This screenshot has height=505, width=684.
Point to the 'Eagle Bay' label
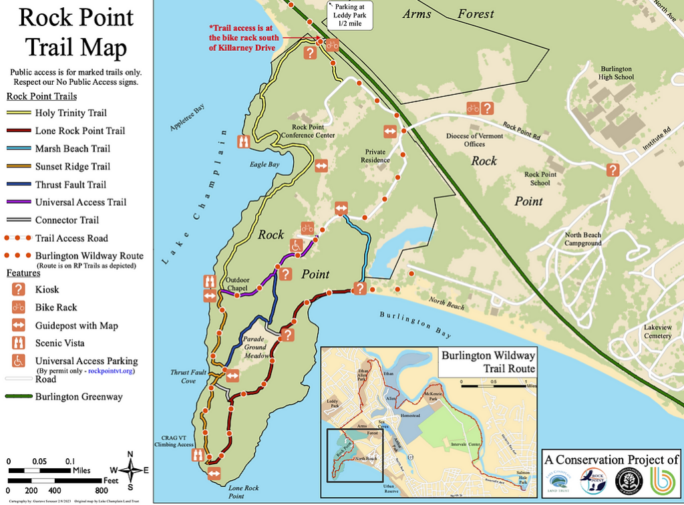pos(263,164)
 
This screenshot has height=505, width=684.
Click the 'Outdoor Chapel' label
pos(237,284)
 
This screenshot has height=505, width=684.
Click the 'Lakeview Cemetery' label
pos(657,332)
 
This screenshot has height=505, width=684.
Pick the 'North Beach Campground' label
pos(583,239)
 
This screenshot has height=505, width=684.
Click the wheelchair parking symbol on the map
pos(295,246)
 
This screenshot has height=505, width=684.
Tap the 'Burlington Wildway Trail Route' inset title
pos(488,361)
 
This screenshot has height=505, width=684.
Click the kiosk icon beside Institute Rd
pos(613,170)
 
